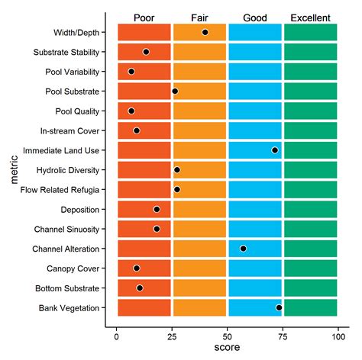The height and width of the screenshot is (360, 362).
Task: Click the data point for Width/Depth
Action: [x=205, y=32]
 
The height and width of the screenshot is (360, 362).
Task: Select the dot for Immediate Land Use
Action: [x=275, y=150]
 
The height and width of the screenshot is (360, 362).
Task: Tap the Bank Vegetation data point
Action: [x=280, y=307]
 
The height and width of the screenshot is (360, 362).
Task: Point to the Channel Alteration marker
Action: [x=243, y=249]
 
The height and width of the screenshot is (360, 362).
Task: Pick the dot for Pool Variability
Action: [x=131, y=72]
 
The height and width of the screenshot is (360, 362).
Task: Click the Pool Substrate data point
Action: [x=175, y=91]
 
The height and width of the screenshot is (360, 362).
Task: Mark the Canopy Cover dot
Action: [x=137, y=268]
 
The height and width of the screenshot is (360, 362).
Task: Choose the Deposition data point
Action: [x=157, y=209]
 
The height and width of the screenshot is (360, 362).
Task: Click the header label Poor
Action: [x=144, y=17]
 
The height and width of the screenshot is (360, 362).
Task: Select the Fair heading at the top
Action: [x=199, y=17]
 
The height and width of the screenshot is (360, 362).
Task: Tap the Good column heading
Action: [x=255, y=17]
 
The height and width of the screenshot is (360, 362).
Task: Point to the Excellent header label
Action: [x=310, y=17]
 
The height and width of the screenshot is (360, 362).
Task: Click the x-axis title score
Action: [x=227, y=349]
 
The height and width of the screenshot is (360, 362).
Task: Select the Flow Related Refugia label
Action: [x=64, y=189]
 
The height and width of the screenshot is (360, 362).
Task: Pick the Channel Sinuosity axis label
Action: [x=67, y=229]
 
